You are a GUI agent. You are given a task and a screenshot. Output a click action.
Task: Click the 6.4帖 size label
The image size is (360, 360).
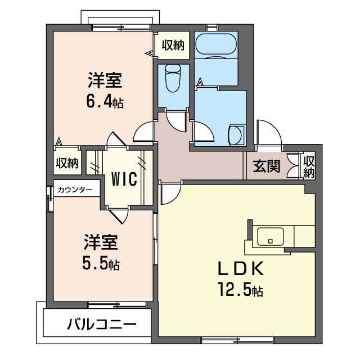tap(105, 102)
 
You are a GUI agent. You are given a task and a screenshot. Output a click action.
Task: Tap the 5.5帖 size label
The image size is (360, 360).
tap(101, 263)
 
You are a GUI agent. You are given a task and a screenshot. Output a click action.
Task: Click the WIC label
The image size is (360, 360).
tap(124, 179)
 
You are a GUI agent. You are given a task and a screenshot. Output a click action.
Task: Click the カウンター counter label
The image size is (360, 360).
tap(75, 190)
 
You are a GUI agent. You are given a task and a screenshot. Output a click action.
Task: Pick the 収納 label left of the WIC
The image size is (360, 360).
tap(66, 163)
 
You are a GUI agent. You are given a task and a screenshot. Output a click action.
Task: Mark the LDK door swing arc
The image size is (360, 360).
tap(168, 194)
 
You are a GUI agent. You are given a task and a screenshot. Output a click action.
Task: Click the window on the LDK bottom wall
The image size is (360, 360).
tap(237, 339)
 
